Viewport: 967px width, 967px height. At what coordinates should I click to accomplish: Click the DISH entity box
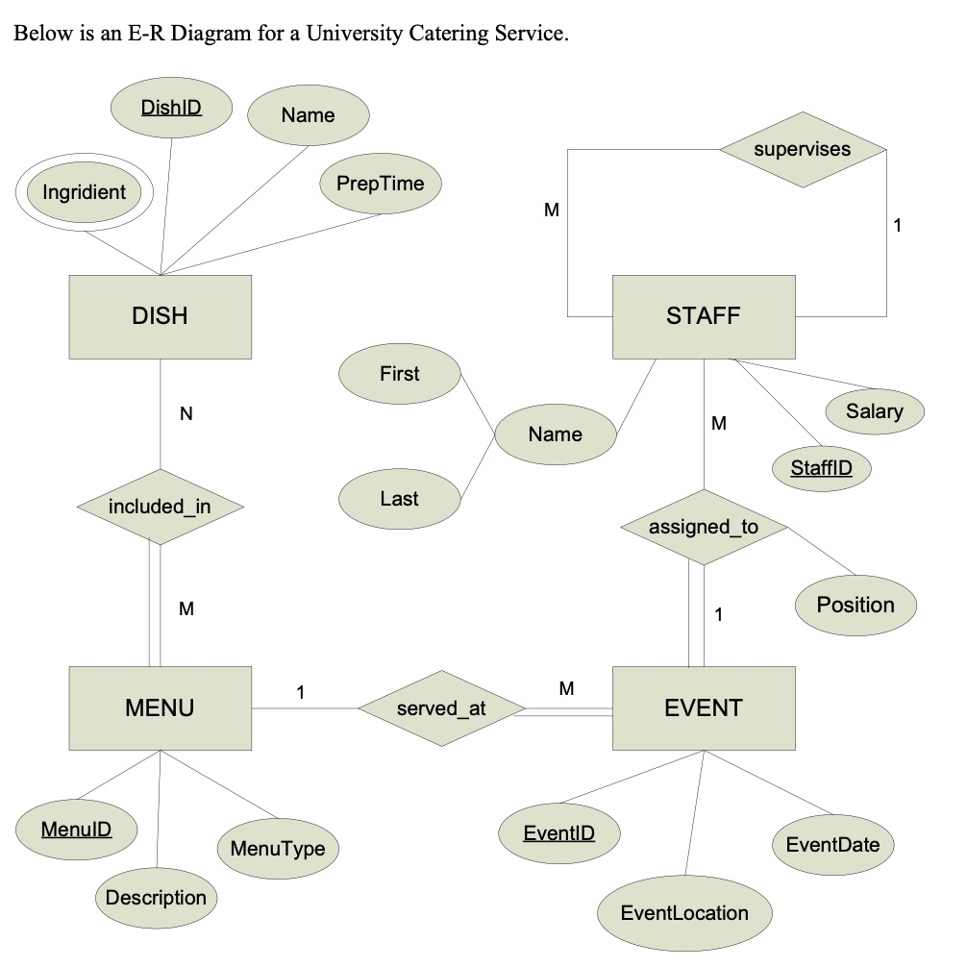pyautogui.click(x=161, y=316)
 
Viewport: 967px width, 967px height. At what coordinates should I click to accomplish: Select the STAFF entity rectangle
pyautogui.click(x=704, y=316)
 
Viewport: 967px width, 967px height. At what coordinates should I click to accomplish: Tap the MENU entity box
pyautogui.click(x=161, y=708)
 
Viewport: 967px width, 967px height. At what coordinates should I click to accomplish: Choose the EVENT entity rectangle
pyautogui.click(x=704, y=708)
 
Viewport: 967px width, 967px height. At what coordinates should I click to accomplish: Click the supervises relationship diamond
pyautogui.click(x=803, y=149)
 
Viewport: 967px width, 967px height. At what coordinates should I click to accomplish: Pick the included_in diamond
pyautogui.click(x=160, y=507)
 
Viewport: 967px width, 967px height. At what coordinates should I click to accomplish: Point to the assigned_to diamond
pyautogui.click(x=704, y=527)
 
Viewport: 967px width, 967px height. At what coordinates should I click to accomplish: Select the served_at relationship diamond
pyautogui.click(x=441, y=709)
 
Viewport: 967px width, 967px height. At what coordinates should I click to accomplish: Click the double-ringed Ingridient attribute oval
pyautogui.click(x=85, y=192)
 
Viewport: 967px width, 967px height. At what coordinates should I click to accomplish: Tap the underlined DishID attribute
pyautogui.click(x=172, y=107)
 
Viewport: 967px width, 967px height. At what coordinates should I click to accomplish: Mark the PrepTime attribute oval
pyautogui.click(x=380, y=184)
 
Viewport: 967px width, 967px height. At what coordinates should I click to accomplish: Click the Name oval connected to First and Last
pyautogui.click(x=555, y=434)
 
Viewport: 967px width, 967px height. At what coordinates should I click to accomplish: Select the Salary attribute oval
pyautogui.click(x=875, y=411)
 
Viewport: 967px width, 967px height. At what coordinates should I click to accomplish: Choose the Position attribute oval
pyautogui.click(x=855, y=605)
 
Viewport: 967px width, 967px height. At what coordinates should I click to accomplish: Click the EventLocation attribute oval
pyautogui.click(x=684, y=913)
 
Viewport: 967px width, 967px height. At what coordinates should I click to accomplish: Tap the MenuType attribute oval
pyautogui.click(x=278, y=849)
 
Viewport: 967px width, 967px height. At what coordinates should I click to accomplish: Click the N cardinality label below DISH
pyautogui.click(x=186, y=414)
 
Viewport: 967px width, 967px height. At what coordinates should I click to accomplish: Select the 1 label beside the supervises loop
pyautogui.click(x=897, y=226)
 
